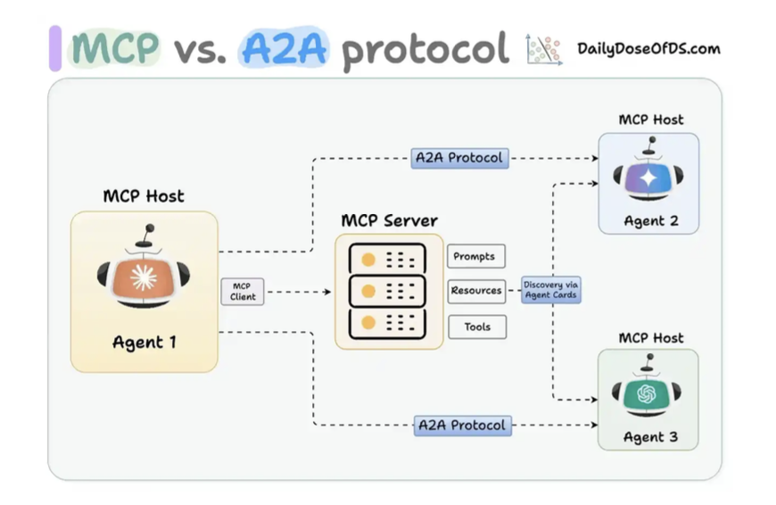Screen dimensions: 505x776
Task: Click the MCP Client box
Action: pos(243,292)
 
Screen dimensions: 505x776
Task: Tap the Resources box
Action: pos(476,291)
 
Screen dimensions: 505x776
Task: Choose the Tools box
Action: pos(476,327)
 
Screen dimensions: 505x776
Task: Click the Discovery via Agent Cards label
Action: pos(551,290)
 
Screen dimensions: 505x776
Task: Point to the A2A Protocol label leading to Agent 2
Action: pos(459,159)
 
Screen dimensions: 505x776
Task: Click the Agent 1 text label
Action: pos(144,342)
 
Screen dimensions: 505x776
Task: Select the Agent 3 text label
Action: pos(648,437)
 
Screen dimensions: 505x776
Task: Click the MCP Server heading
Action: pos(389,220)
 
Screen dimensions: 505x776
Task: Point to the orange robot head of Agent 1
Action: pos(143,277)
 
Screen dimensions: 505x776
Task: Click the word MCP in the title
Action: pos(115,49)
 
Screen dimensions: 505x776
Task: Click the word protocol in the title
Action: pos(425,51)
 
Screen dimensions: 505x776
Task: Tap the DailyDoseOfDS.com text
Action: pos(648,48)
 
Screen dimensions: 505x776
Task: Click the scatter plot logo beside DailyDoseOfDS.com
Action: pos(543,50)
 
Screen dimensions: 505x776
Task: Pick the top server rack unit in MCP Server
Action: pos(389,259)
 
